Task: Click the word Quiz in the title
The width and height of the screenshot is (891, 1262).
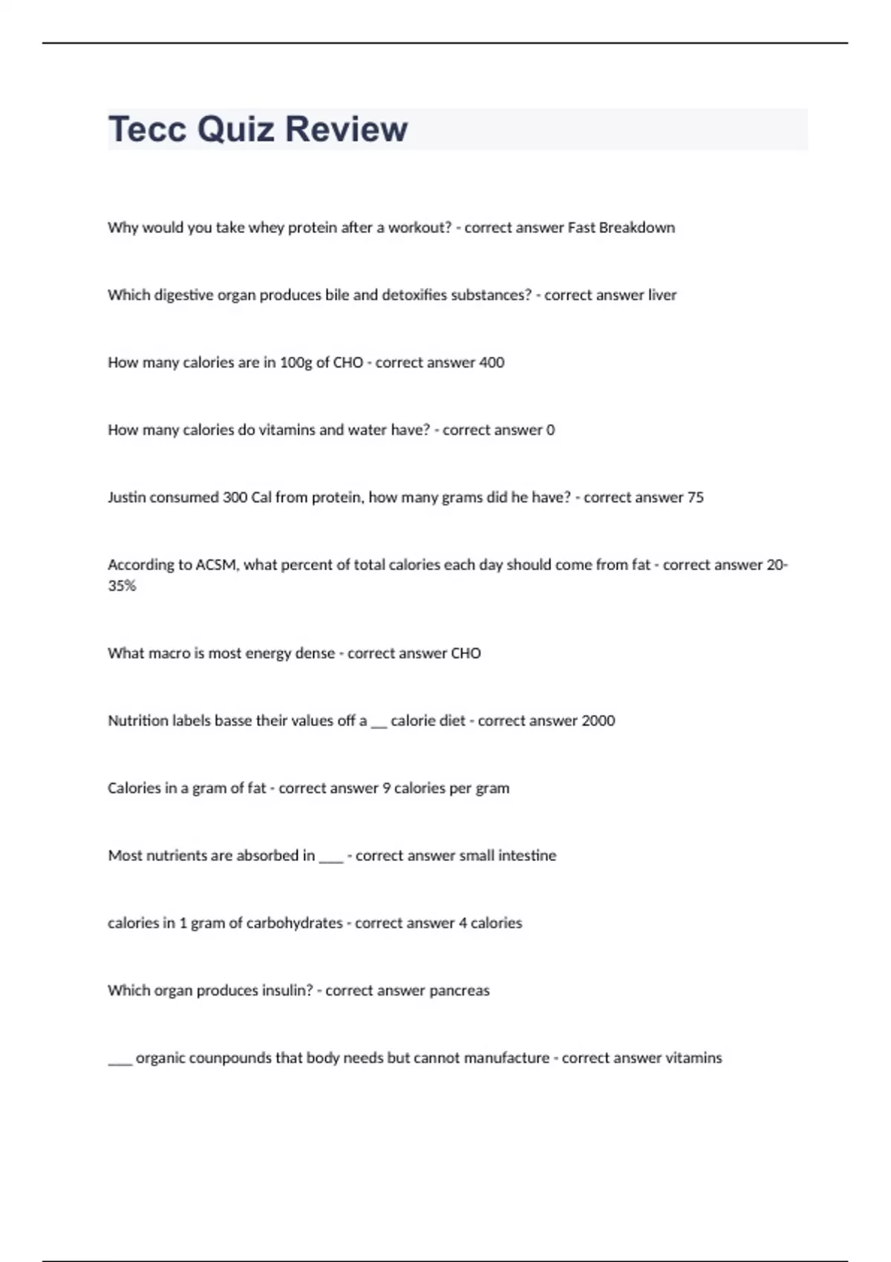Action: pyautogui.click(x=236, y=129)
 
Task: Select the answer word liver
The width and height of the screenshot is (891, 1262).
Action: pyautogui.click(x=662, y=295)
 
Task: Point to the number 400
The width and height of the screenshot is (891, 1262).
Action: pyautogui.click(x=491, y=363)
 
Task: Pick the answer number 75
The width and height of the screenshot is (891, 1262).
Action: pyautogui.click(x=695, y=497)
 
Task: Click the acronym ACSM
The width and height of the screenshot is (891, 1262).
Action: pyautogui.click(x=216, y=565)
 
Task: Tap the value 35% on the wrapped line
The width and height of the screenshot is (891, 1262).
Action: pyautogui.click(x=122, y=586)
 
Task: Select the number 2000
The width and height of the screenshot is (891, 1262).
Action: pyautogui.click(x=598, y=721)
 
